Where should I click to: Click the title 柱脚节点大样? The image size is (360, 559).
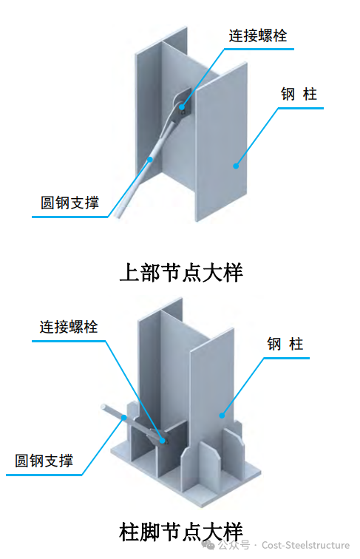(180, 530)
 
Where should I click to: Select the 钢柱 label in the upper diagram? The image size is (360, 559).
(299, 95)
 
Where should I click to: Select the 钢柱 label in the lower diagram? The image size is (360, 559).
(285, 344)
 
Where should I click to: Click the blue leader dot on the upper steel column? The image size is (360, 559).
(235, 166)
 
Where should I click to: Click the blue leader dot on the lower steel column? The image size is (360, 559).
(222, 416)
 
